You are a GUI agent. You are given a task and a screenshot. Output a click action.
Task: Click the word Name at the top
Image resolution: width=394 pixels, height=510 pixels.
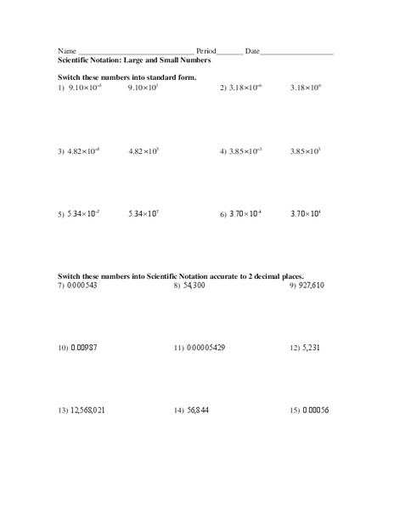coord(66,52)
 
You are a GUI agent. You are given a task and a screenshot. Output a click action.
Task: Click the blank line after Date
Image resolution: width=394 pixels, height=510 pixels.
coord(297,53)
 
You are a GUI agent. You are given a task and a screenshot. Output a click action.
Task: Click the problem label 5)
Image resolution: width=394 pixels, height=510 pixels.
coord(61,215)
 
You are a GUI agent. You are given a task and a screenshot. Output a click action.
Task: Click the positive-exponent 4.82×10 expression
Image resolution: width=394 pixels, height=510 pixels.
coord(144,151)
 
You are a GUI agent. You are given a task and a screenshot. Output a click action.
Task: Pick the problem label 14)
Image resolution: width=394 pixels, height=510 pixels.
coord(179,410)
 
